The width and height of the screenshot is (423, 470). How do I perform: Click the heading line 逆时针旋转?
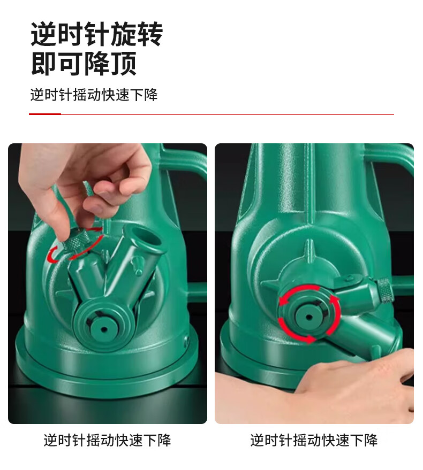[x=97, y=34]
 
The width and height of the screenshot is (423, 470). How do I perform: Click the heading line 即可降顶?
[x=84, y=63]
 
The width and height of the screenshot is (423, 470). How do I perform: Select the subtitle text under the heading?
[x=94, y=95]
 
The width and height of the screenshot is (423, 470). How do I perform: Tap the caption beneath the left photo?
[x=107, y=441]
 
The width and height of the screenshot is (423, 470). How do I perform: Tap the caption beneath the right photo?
[x=314, y=441]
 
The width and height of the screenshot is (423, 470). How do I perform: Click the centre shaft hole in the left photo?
[x=104, y=329]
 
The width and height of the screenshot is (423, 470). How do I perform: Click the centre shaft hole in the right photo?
[x=308, y=317]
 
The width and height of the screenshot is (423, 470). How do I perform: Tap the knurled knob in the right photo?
[x=384, y=290]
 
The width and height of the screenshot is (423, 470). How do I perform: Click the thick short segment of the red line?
[x=45, y=114]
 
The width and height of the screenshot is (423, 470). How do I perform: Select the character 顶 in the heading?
[x=124, y=63]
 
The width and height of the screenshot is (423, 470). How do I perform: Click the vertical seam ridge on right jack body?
[x=310, y=186]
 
